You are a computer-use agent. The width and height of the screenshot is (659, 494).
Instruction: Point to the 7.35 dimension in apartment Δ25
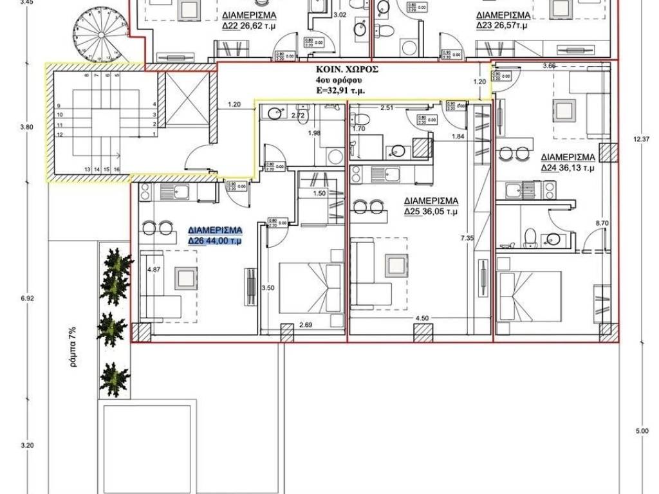467,238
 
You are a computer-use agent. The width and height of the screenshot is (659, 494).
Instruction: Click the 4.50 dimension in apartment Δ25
422,318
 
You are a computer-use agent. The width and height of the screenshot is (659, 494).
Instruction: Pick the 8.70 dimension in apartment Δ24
602,223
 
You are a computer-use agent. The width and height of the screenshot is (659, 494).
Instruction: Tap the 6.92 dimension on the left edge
26,299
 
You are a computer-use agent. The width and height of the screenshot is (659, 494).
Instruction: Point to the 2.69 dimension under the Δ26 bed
306,325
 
